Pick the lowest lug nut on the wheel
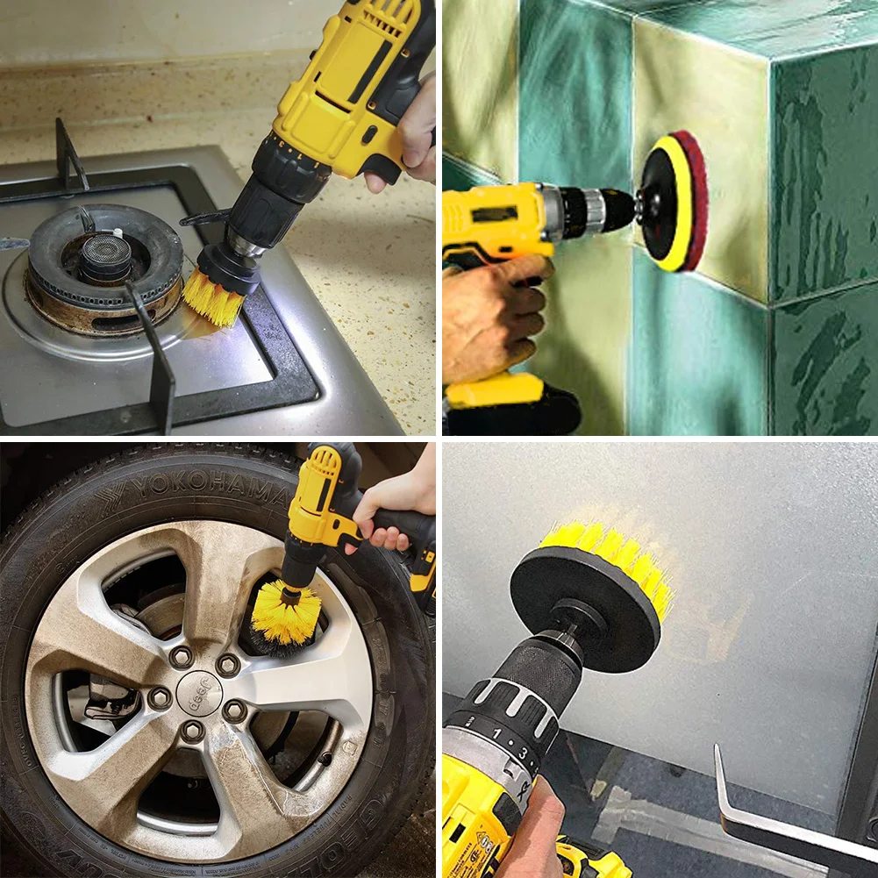click(193, 730)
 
